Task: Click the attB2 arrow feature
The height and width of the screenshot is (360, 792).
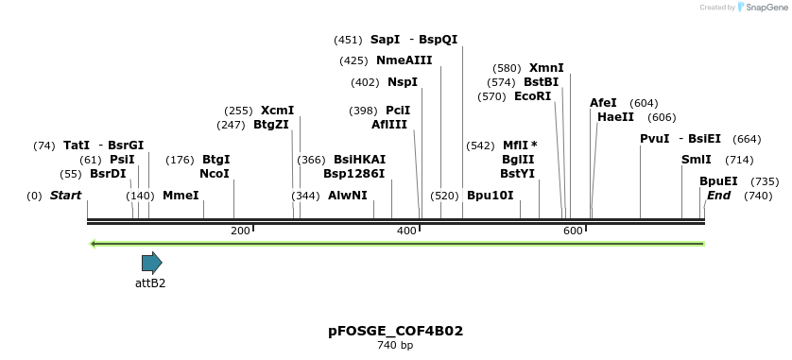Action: (151, 263)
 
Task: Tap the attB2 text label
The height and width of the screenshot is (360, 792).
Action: (150, 283)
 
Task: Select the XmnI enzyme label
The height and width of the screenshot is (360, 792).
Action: (546, 68)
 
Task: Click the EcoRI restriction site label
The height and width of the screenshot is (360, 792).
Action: (532, 96)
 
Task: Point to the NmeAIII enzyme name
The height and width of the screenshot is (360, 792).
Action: (404, 60)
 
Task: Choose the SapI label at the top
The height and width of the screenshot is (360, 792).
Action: (385, 40)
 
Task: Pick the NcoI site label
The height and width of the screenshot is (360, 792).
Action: (215, 174)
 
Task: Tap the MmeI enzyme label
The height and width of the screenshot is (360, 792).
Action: (181, 196)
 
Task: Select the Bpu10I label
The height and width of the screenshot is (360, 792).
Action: (490, 196)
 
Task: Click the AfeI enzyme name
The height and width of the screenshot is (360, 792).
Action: (603, 103)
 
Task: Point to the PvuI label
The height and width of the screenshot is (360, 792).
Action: (654, 139)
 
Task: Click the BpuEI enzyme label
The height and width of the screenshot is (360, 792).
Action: (718, 181)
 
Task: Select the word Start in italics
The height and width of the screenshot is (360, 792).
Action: (65, 196)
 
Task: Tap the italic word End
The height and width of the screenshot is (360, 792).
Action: (718, 196)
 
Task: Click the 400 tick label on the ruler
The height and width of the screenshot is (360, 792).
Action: (407, 231)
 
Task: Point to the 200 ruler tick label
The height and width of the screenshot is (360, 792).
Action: (240, 231)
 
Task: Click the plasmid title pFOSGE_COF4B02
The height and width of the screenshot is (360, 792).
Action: (395, 331)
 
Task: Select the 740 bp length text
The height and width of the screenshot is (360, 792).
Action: (395, 346)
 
